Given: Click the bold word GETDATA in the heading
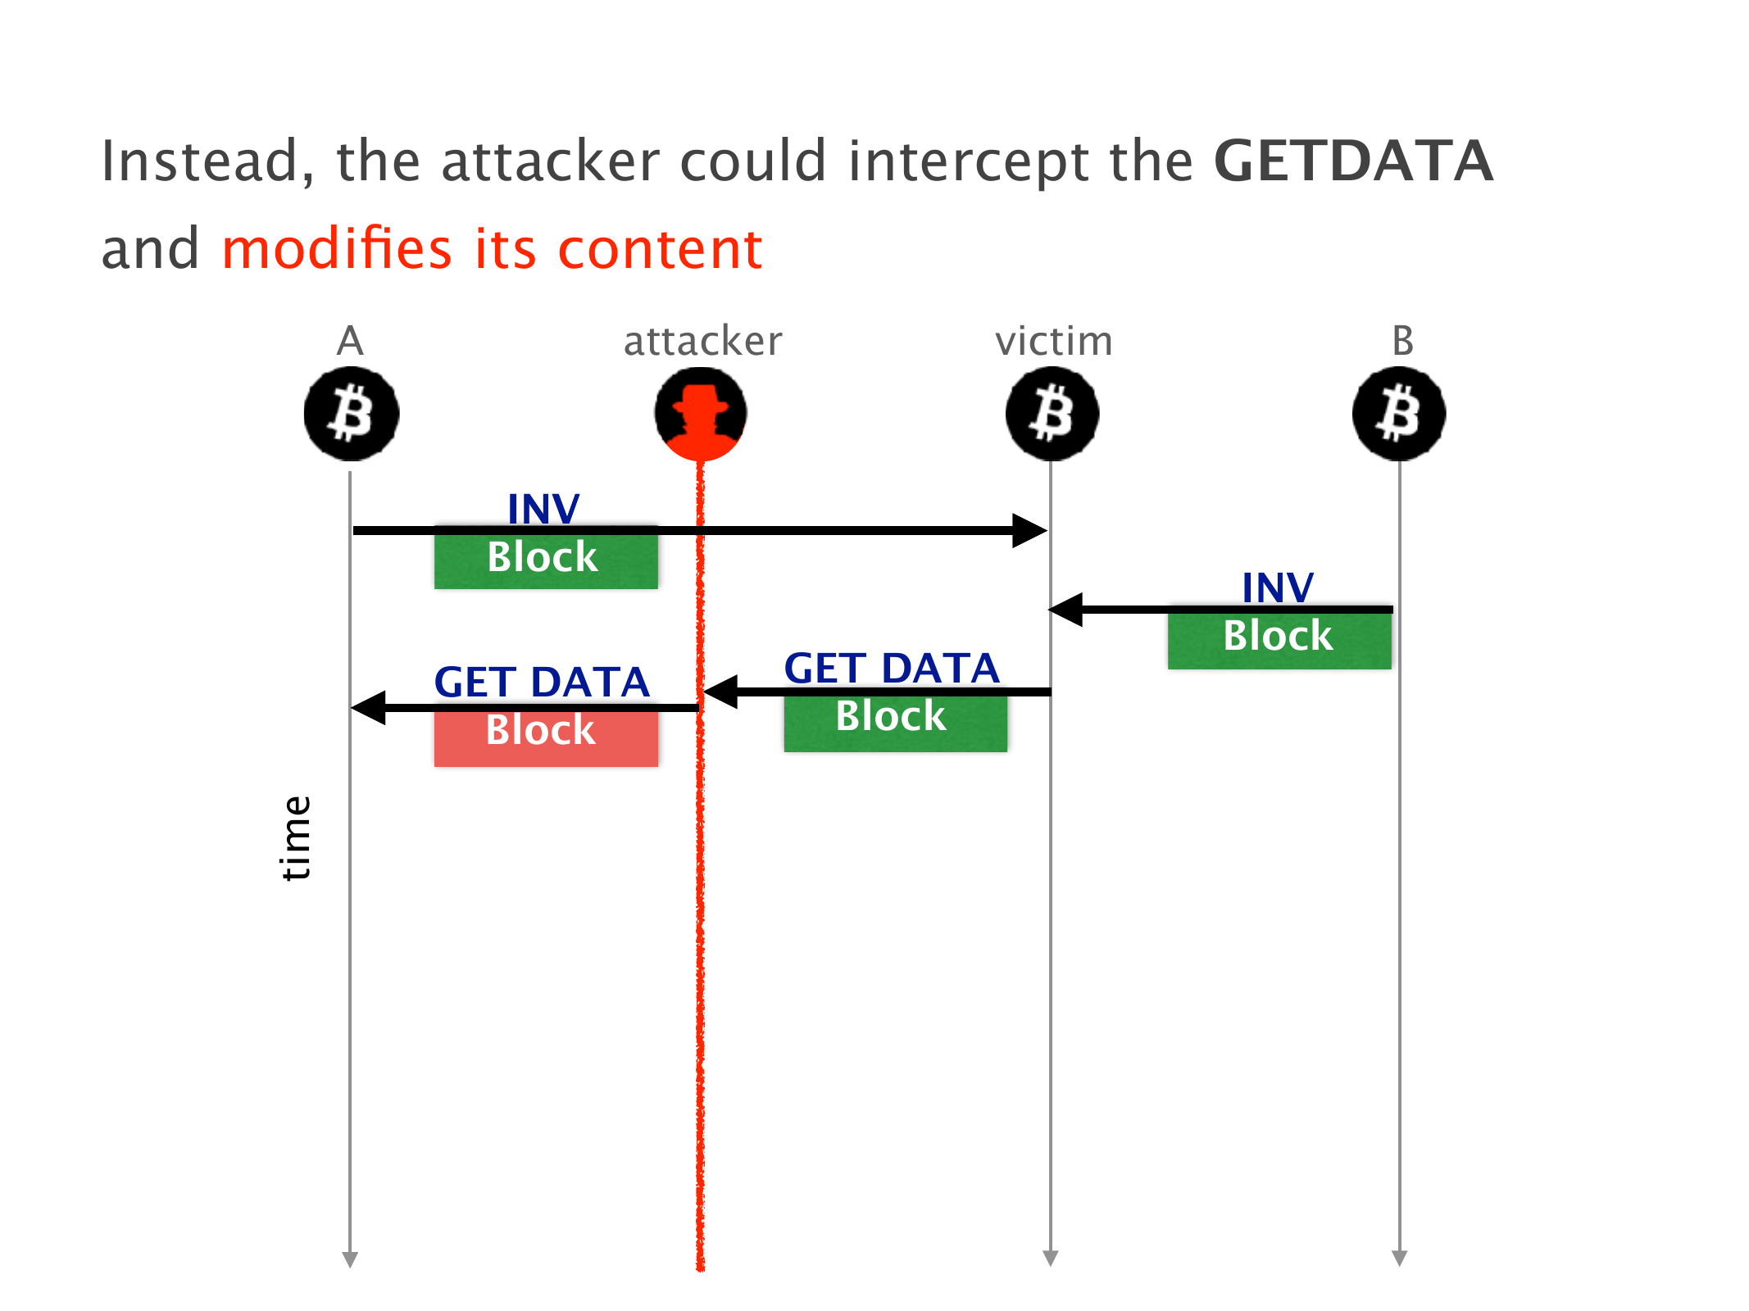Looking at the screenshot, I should click(x=1353, y=161).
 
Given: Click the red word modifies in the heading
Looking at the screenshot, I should click(x=337, y=248).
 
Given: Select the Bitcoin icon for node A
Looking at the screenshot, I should click(x=351, y=414).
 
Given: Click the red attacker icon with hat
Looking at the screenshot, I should click(x=701, y=414).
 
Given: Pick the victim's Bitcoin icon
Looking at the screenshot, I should click(x=1052, y=414).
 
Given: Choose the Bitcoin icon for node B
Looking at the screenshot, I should click(x=1399, y=414).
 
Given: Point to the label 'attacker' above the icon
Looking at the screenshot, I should click(x=702, y=341).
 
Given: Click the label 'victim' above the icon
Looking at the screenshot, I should click(x=1054, y=341).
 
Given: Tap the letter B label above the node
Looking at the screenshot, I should click(x=1402, y=341).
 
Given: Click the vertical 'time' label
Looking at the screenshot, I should click(x=296, y=837).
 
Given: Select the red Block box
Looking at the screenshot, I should click(x=546, y=737).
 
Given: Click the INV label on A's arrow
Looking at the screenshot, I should click(x=543, y=509).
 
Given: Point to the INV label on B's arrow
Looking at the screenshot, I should click(x=1278, y=587).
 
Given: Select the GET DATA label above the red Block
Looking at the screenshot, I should click(x=542, y=682).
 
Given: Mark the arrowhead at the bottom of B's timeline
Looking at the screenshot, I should click(x=1400, y=1258).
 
